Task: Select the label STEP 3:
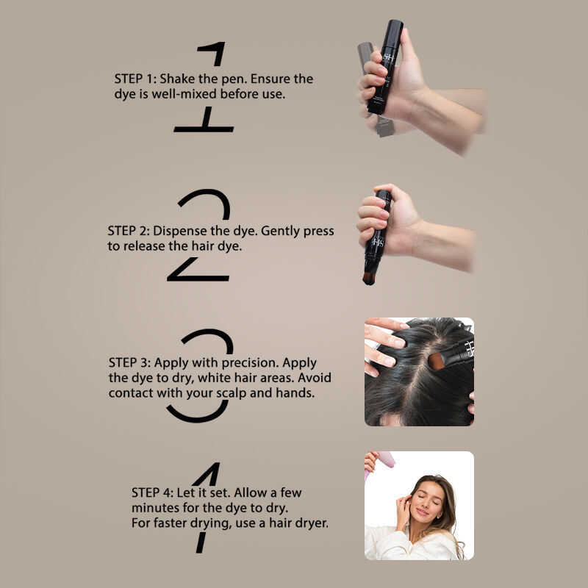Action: [129, 362]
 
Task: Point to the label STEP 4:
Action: [152, 492]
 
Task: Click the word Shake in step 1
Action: [177, 79]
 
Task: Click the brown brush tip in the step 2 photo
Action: [369, 278]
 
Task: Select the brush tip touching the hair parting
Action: [436, 361]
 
